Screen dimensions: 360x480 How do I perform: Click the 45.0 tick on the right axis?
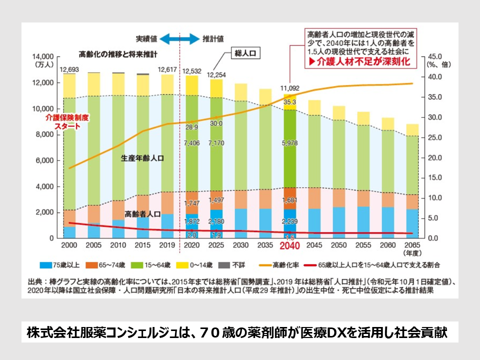click(x=433, y=56)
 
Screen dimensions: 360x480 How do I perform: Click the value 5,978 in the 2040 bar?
click(x=290, y=143)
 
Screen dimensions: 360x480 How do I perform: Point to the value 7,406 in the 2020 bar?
click(x=192, y=143)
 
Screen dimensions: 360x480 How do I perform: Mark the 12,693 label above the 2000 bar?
click(x=69, y=69)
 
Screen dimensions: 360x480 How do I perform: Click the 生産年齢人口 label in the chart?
click(x=142, y=157)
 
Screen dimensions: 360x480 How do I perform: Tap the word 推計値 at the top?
click(x=213, y=38)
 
